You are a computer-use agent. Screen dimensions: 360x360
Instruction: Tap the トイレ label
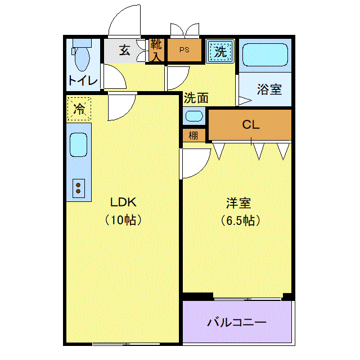click(x=83, y=80)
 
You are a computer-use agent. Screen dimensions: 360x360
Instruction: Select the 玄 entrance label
click(x=125, y=50)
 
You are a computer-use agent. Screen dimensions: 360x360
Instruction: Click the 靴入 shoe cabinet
click(x=156, y=50)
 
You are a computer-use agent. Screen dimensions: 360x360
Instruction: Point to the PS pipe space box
click(x=184, y=50)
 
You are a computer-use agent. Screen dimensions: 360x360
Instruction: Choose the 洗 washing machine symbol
click(x=220, y=51)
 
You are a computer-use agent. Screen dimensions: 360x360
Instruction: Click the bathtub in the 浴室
click(x=265, y=55)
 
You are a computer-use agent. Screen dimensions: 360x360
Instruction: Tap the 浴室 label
click(x=269, y=89)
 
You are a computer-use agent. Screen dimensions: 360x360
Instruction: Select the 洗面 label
click(x=196, y=98)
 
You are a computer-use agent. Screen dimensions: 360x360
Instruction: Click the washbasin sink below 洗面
click(x=194, y=116)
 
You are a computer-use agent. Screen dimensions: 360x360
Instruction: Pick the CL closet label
click(x=251, y=125)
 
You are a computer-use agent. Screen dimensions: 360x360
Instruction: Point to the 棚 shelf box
click(x=194, y=136)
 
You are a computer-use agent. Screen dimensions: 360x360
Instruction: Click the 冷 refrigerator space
click(x=79, y=109)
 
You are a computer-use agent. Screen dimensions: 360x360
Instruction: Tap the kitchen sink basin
click(x=78, y=145)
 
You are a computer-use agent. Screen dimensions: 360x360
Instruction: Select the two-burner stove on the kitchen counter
click(x=79, y=188)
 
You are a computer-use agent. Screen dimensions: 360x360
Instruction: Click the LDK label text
click(x=123, y=202)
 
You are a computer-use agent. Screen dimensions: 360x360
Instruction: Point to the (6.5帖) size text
click(x=240, y=220)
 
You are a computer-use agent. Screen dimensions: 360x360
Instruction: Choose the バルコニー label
click(x=236, y=322)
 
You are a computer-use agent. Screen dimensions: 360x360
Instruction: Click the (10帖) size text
click(x=123, y=220)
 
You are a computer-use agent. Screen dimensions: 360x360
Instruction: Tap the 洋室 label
click(x=238, y=203)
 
